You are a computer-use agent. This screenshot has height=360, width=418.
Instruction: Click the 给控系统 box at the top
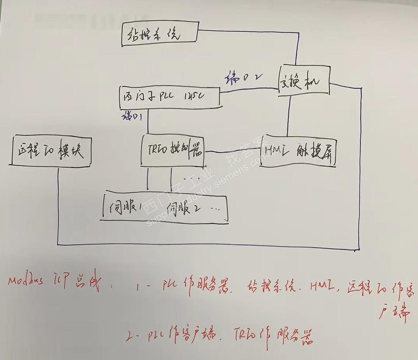(159, 36)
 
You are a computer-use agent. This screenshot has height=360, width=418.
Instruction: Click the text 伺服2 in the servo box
(184, 208)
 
